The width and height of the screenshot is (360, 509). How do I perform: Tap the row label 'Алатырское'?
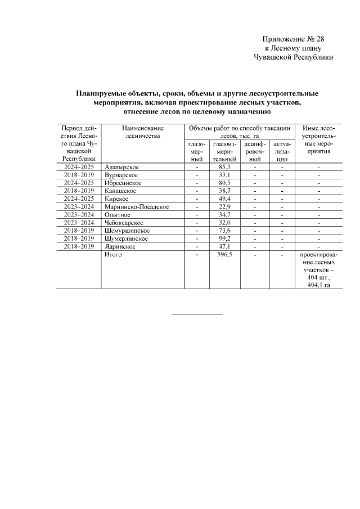click(121, 168)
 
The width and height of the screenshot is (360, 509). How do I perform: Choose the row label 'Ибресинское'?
click(123, 183)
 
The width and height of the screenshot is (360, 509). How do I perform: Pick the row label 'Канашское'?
click(120, 191)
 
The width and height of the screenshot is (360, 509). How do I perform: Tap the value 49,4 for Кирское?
click(224, 199)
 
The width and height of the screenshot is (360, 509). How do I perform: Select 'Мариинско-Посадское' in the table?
click(136, 207)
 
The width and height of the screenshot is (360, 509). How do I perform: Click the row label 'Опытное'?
click(117, 215)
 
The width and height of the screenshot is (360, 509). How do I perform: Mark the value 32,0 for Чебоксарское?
click(224, 223)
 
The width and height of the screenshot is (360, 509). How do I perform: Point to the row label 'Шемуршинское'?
click(127, 231)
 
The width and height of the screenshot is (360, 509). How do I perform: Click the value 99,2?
click(224, 238)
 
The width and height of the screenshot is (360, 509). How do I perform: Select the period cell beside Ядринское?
click(79, 246)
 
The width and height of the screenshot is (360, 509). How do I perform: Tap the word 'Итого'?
click(113, 255)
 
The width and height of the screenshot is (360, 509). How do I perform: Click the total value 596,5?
click(224, 255)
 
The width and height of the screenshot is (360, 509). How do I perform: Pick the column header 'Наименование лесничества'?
click(143, 132)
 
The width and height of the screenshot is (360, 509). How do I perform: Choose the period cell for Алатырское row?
click(79, 168)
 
